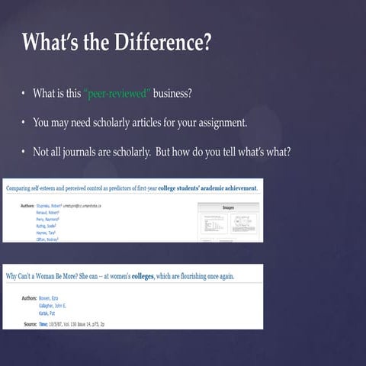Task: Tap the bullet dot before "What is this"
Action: click(24, 94)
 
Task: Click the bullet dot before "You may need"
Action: click(24, 122)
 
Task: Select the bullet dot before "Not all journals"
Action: click(24, 150)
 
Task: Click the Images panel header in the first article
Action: click(228, 207)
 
